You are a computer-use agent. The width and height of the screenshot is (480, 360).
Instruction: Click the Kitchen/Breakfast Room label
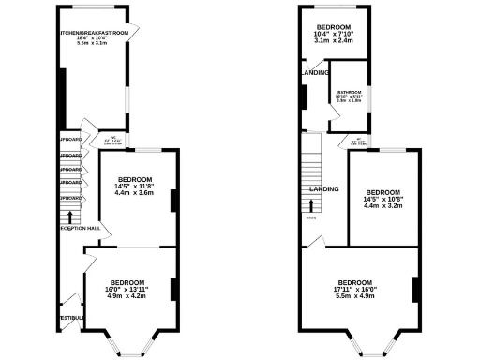93,31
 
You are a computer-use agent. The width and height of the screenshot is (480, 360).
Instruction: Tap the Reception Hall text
80,228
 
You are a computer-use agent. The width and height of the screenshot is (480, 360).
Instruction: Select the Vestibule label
72,318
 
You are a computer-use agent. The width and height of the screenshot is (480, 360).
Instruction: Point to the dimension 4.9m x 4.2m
127,297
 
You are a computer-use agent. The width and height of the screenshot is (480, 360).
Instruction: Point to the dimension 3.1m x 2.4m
333,41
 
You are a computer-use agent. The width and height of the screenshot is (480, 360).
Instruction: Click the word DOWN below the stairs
309,218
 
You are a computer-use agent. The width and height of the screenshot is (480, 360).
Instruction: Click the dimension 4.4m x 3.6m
134,192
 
